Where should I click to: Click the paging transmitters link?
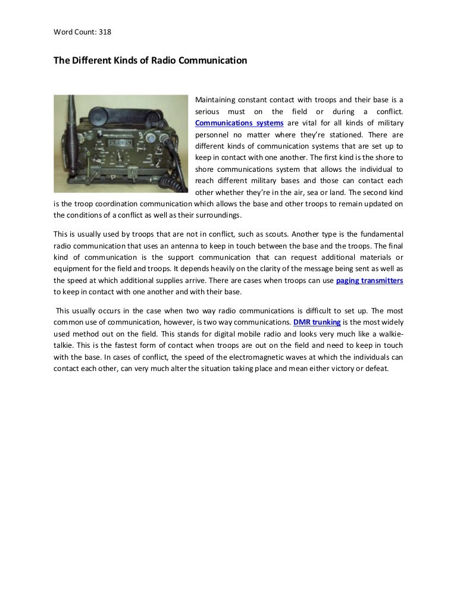(370, 281)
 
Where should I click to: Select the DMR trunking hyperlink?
(317, 322)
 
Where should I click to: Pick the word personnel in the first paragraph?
(213, 134)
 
